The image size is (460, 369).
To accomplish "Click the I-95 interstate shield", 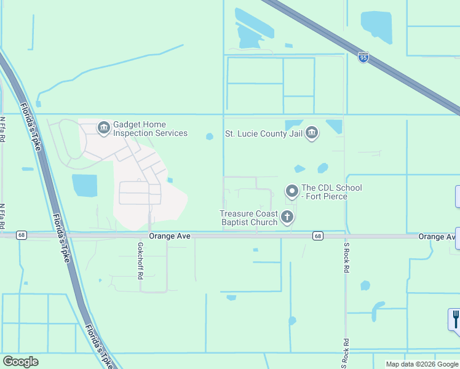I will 363,57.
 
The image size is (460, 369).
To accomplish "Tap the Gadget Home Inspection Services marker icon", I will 103,127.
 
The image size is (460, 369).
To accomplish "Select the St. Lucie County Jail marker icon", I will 312,133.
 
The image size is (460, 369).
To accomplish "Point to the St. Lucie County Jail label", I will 264,133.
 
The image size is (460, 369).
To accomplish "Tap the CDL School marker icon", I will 291,192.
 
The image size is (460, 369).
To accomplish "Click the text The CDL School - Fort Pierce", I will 331,192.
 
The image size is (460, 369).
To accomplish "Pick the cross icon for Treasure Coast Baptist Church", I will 287,216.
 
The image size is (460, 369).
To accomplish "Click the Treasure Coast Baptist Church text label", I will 248,218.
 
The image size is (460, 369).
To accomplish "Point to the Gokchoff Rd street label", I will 141,261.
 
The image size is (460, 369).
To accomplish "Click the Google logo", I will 20,362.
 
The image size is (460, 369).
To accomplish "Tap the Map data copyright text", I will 422,364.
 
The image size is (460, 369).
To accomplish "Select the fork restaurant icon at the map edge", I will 455,320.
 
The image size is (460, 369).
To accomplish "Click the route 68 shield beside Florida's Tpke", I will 22,234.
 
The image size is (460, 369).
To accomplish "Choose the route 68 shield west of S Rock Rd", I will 317,236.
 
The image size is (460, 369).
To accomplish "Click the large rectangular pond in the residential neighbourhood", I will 84,185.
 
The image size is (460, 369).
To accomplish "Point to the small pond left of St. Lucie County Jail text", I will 209,137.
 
